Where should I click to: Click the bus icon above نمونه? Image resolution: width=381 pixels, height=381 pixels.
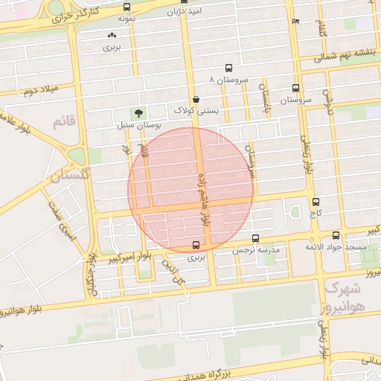pos(126,7)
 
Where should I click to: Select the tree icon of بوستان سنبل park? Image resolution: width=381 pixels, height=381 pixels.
pos(138,114)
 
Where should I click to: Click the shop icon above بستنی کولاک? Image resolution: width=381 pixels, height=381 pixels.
pos(196,99)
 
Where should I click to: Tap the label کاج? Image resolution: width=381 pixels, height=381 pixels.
pos(316,214)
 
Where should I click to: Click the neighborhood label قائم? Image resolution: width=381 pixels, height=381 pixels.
pos(65,122)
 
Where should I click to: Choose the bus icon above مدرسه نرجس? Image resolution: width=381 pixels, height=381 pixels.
pos(256,238)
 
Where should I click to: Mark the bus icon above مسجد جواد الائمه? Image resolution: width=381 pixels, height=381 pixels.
pos(336,234)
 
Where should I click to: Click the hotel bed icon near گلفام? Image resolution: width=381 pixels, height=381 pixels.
pos(296,22)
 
